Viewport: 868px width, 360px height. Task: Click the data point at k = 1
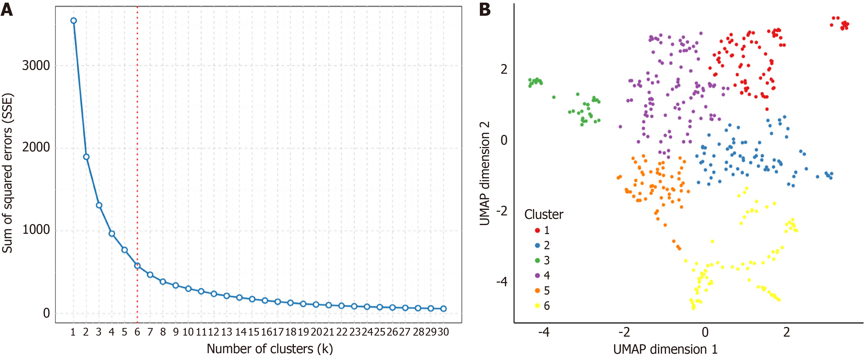point(74,20)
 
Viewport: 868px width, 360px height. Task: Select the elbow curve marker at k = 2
point(86,157)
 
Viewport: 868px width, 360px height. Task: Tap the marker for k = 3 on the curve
point(99,205)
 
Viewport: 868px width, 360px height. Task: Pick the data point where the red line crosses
point(137,266)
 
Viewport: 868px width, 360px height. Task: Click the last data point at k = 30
point(443,309)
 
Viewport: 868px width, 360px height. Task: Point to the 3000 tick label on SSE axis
point(36,65)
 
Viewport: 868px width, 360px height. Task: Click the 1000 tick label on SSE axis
point(36,230)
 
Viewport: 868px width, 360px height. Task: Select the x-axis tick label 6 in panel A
point(137,332)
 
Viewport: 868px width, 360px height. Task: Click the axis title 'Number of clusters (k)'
point(269,349)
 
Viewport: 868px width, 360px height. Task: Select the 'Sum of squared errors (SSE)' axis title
point(7,173)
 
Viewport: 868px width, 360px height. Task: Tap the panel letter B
point(485,9)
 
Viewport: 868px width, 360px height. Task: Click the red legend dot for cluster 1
point(537,230)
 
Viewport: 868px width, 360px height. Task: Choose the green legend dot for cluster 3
point(537,260)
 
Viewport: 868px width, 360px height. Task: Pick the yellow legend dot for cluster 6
point(537,306)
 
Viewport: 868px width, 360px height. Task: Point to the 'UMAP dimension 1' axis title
point(665,349)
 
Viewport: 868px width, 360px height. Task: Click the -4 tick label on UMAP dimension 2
point(502,282)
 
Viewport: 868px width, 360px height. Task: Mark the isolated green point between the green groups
point(554,97)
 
